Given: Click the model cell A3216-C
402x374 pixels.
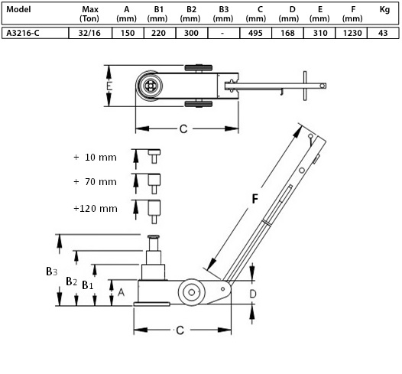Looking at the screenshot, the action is coord(23,33).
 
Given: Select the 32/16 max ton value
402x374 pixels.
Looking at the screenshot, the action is coord(89,33).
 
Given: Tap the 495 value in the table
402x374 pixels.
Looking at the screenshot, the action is coord(255,33).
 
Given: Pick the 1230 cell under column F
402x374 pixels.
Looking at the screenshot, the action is coord(352,33).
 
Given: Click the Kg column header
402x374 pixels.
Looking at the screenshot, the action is coord(384,10).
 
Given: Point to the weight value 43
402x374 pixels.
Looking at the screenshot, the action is coord(383,33).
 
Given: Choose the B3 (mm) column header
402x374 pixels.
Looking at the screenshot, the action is coord(223,14).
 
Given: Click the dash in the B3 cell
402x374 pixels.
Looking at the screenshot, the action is coord(222,34).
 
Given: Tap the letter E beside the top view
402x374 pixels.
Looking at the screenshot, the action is coord(109,86).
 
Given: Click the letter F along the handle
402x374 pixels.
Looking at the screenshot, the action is coord(254,199).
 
